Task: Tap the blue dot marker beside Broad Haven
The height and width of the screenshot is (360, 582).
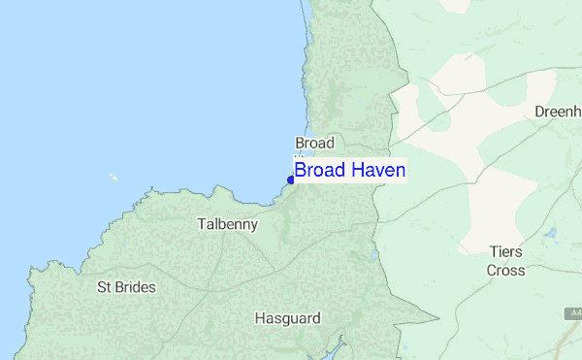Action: tap(291, 180)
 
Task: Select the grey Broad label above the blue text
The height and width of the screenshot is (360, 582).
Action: tap(314, 143)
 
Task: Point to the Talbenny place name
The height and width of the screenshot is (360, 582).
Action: tap(227, 224)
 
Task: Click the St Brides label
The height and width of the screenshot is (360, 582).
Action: tap(126, 287)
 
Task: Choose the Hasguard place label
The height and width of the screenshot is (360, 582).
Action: tap(287, 317)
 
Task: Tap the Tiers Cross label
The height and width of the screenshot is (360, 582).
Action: tap(506, 261)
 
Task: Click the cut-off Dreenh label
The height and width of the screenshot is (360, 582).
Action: tap(557, 112)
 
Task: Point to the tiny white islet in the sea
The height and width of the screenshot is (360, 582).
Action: tap(113, 177)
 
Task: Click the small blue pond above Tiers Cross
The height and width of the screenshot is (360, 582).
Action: tap(550, 234)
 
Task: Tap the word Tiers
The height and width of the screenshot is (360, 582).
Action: tap(506, 251)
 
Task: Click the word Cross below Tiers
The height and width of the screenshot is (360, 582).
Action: tap(506, 271)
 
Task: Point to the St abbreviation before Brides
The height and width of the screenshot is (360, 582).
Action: tap(105, 287)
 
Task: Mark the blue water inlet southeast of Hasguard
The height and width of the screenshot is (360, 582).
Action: tap(339, 344)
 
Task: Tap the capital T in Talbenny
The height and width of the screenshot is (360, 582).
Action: tap(201, 224)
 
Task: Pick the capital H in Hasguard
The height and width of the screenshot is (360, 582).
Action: tap(259, 317)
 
